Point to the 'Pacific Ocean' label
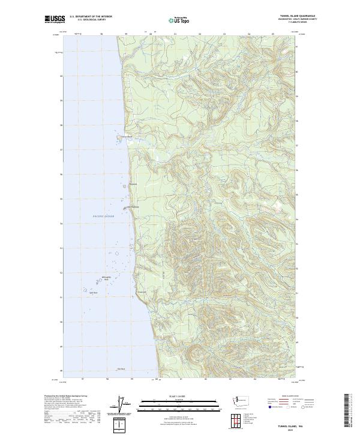[103, 216]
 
